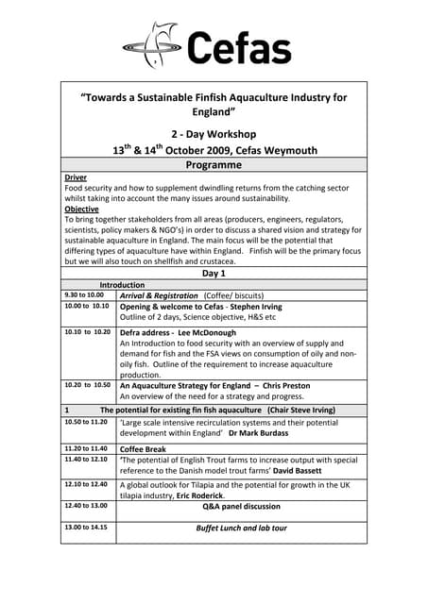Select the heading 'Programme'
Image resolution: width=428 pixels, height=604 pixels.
pos(214,165)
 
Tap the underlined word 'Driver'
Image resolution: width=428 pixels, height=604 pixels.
pos(76,177)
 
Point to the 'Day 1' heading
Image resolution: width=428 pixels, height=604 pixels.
pos(214,273)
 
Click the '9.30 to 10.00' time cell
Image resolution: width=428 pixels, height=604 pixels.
pos(84,295)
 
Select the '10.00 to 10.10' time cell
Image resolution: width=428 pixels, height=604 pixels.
pos(86,307)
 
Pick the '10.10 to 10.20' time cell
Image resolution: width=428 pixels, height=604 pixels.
pos(86,332)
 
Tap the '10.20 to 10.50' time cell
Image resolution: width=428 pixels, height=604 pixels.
pos(86,385)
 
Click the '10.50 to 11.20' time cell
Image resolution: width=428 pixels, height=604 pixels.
pos(86,423)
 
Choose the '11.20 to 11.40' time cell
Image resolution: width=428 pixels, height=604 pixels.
pos(86,448)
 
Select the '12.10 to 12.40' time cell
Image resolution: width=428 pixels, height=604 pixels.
pos(86,484)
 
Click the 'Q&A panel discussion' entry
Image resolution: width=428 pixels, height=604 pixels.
pos(241,506)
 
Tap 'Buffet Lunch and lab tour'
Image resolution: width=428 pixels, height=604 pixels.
pos(241,528)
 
